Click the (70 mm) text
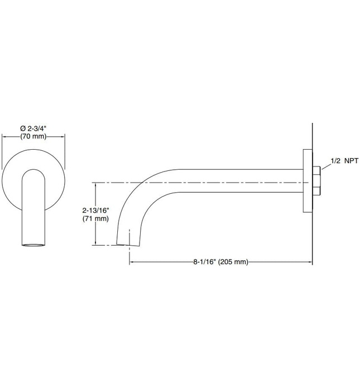pyautogui.click(x=33, y=136)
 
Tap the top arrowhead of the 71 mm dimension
pyautogui.click(x=96, y=184)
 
